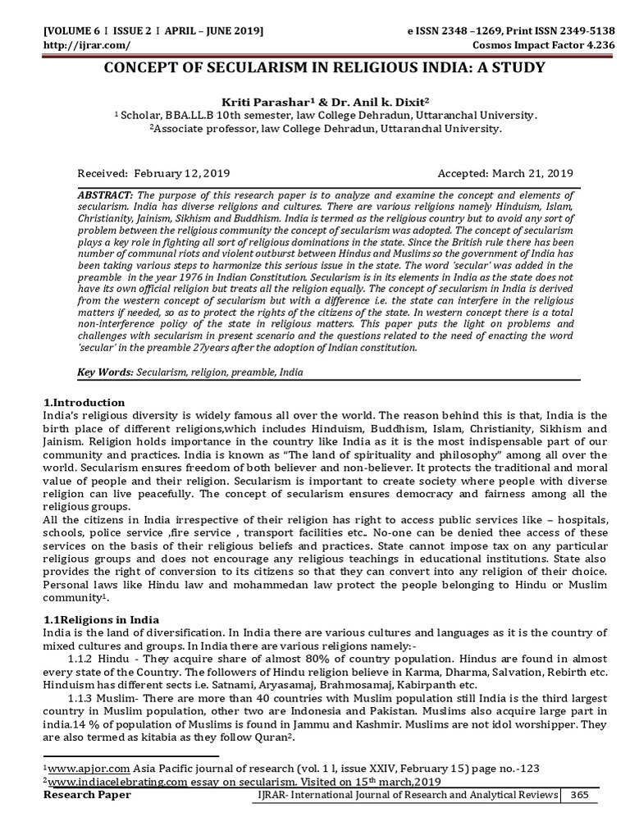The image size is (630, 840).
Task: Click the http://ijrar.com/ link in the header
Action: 76,43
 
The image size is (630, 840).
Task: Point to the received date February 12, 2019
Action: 180,173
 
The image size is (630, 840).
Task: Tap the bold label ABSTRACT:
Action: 105,195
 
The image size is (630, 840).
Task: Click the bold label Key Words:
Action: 104,372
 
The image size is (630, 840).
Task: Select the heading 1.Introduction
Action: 84,403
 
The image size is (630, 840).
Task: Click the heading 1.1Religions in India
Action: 101,619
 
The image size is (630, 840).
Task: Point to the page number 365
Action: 580,795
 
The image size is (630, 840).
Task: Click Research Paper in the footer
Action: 87,795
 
